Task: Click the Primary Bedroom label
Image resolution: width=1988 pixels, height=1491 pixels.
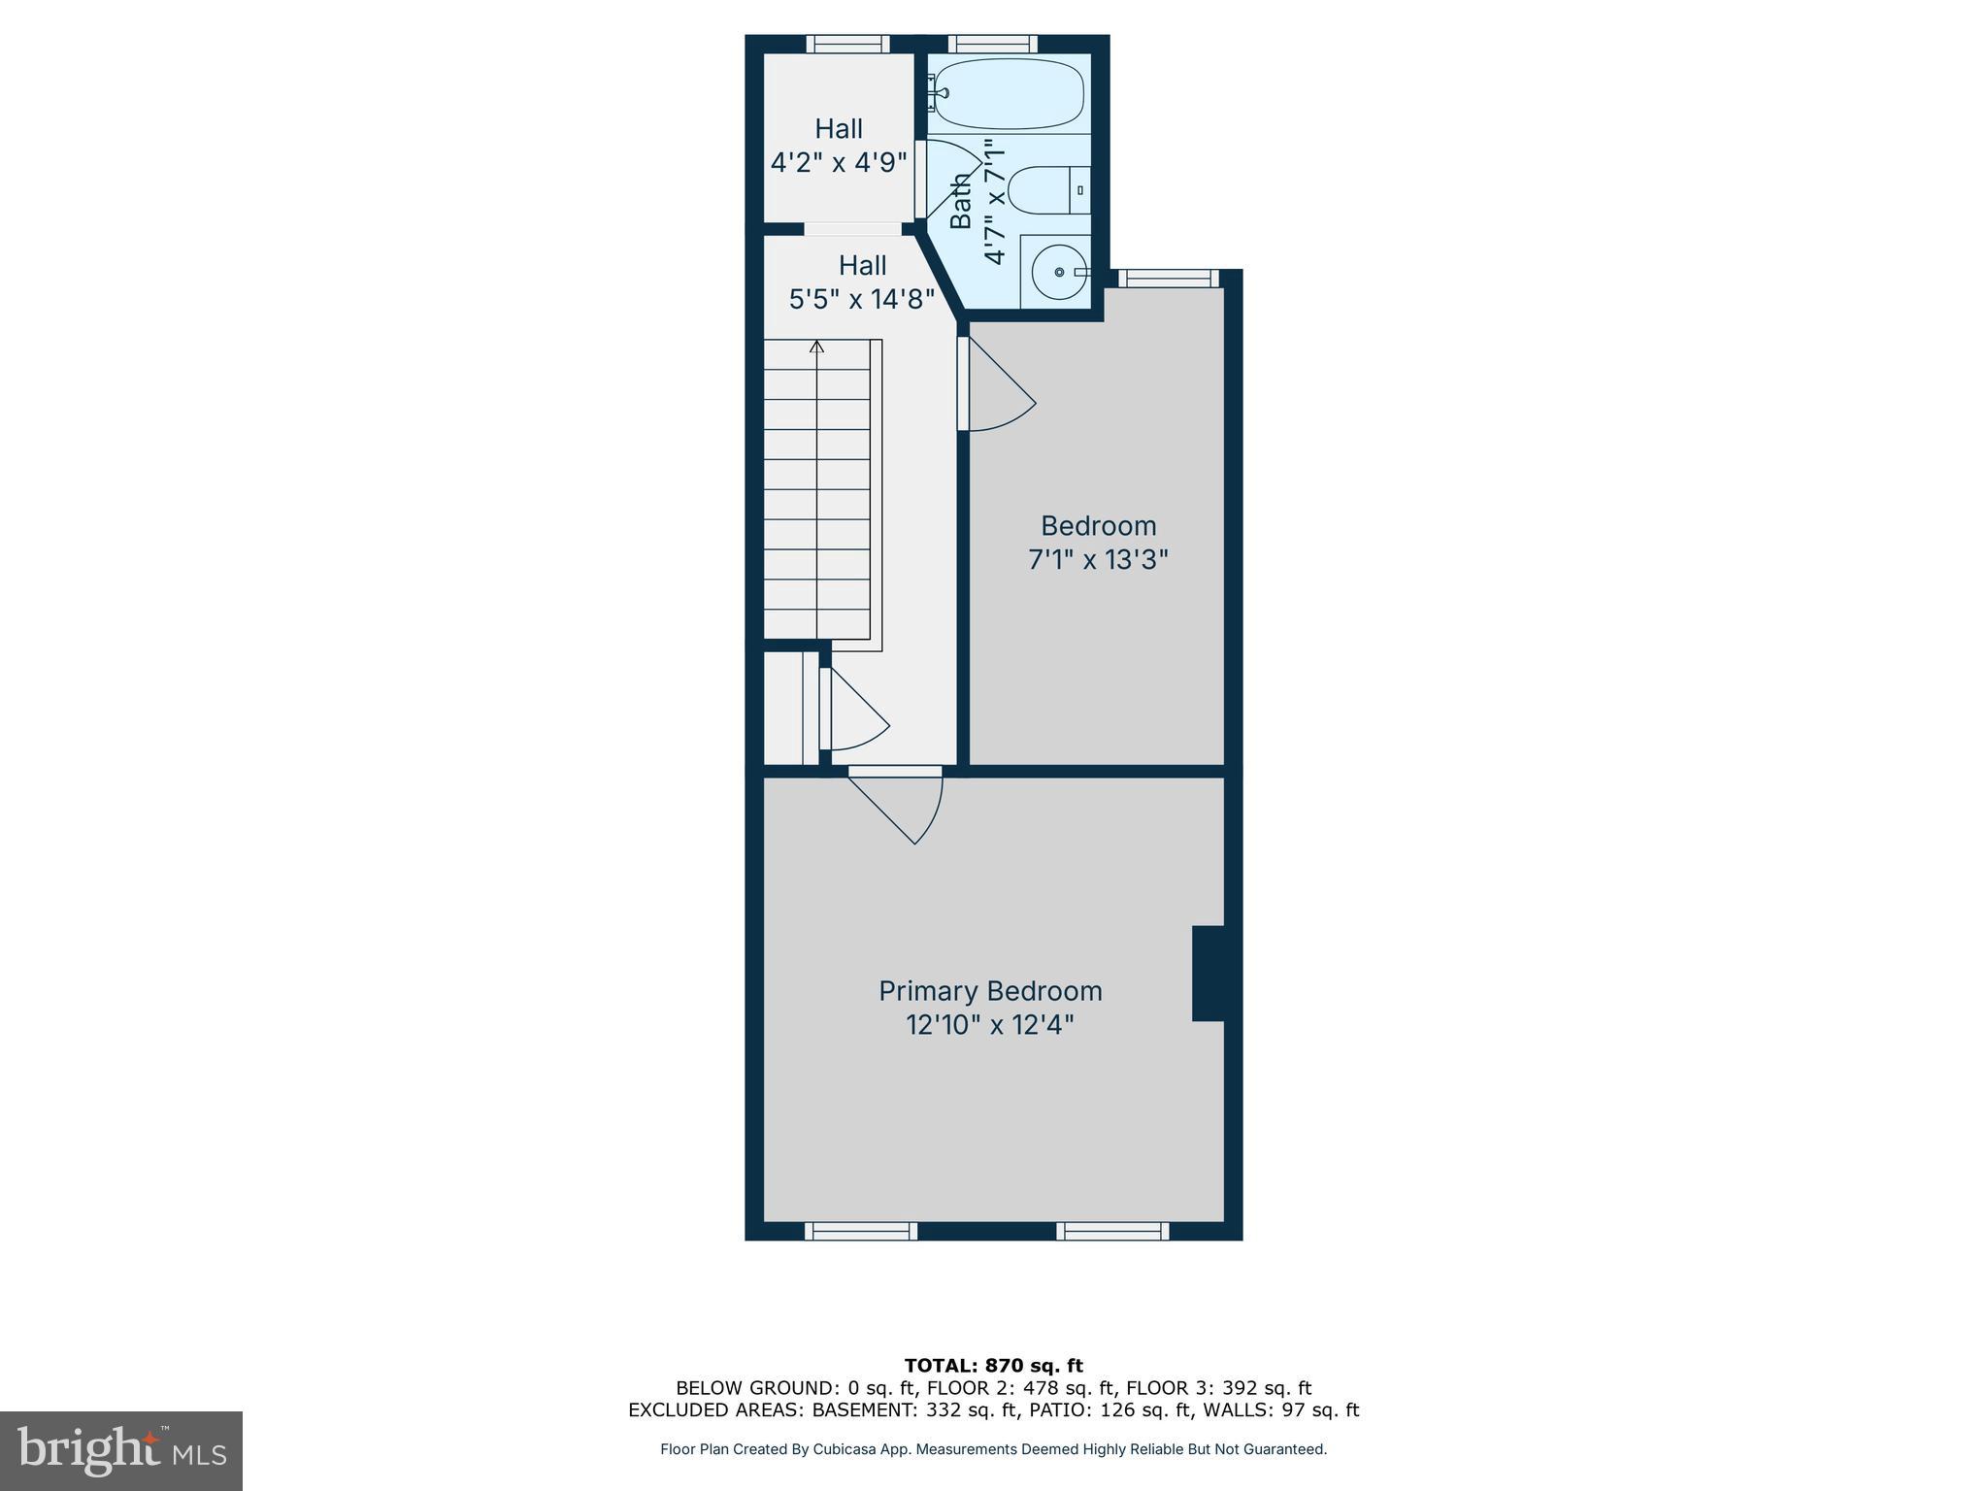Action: coord(990,991)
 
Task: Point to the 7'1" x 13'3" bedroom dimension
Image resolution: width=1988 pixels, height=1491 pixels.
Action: coord(1098,560)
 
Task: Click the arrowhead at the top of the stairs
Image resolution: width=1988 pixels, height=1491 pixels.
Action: coord(817,346)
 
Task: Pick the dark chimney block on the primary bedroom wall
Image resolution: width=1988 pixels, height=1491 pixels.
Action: coord(1209,973)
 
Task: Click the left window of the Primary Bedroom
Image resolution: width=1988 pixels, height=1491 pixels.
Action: coord(861,1231)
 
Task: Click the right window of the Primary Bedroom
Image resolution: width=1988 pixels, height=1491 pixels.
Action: coord(1112,1231)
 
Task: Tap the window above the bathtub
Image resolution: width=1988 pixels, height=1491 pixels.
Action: coord(992,44)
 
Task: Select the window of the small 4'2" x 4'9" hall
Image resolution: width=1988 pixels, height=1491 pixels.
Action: coord(848,44)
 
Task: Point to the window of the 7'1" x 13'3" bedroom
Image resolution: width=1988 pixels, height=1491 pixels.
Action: coord(1169,279)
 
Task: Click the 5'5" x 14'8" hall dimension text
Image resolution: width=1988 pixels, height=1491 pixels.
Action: coord(862,299)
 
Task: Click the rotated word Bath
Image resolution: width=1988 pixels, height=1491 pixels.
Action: coord(960,201)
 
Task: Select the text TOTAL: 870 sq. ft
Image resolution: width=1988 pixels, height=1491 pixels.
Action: coord(993,1366)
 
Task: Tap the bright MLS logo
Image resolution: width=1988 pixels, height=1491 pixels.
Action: coord(120,1450)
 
